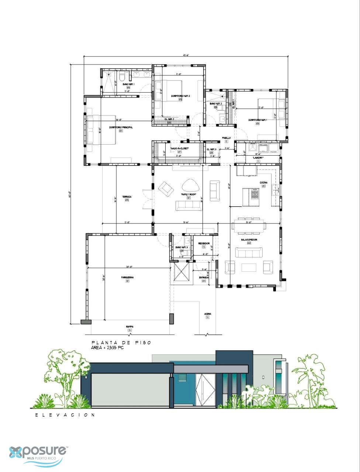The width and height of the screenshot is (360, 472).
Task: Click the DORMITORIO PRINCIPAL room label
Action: click(121, 127)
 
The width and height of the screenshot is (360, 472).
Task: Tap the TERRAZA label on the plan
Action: click(127, 197)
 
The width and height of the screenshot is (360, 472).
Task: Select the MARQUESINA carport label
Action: click(127, 277)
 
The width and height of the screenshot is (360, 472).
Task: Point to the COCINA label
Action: click(263, 183)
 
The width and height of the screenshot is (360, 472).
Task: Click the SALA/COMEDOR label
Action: click(249, 240)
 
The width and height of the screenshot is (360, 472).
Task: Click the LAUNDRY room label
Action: click(258, 157)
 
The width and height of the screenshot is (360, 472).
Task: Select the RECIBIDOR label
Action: click(204, 243)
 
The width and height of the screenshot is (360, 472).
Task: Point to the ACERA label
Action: click(208, 314)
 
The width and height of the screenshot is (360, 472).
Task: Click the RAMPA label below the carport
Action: click(129, 326)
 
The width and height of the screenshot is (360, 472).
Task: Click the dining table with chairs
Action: click(249, 225)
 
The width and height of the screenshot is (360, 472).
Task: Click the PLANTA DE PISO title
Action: click(121, 342)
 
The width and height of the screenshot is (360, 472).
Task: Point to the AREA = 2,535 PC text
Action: click(107, 348)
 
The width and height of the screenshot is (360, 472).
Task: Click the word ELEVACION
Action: click(65, 415)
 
